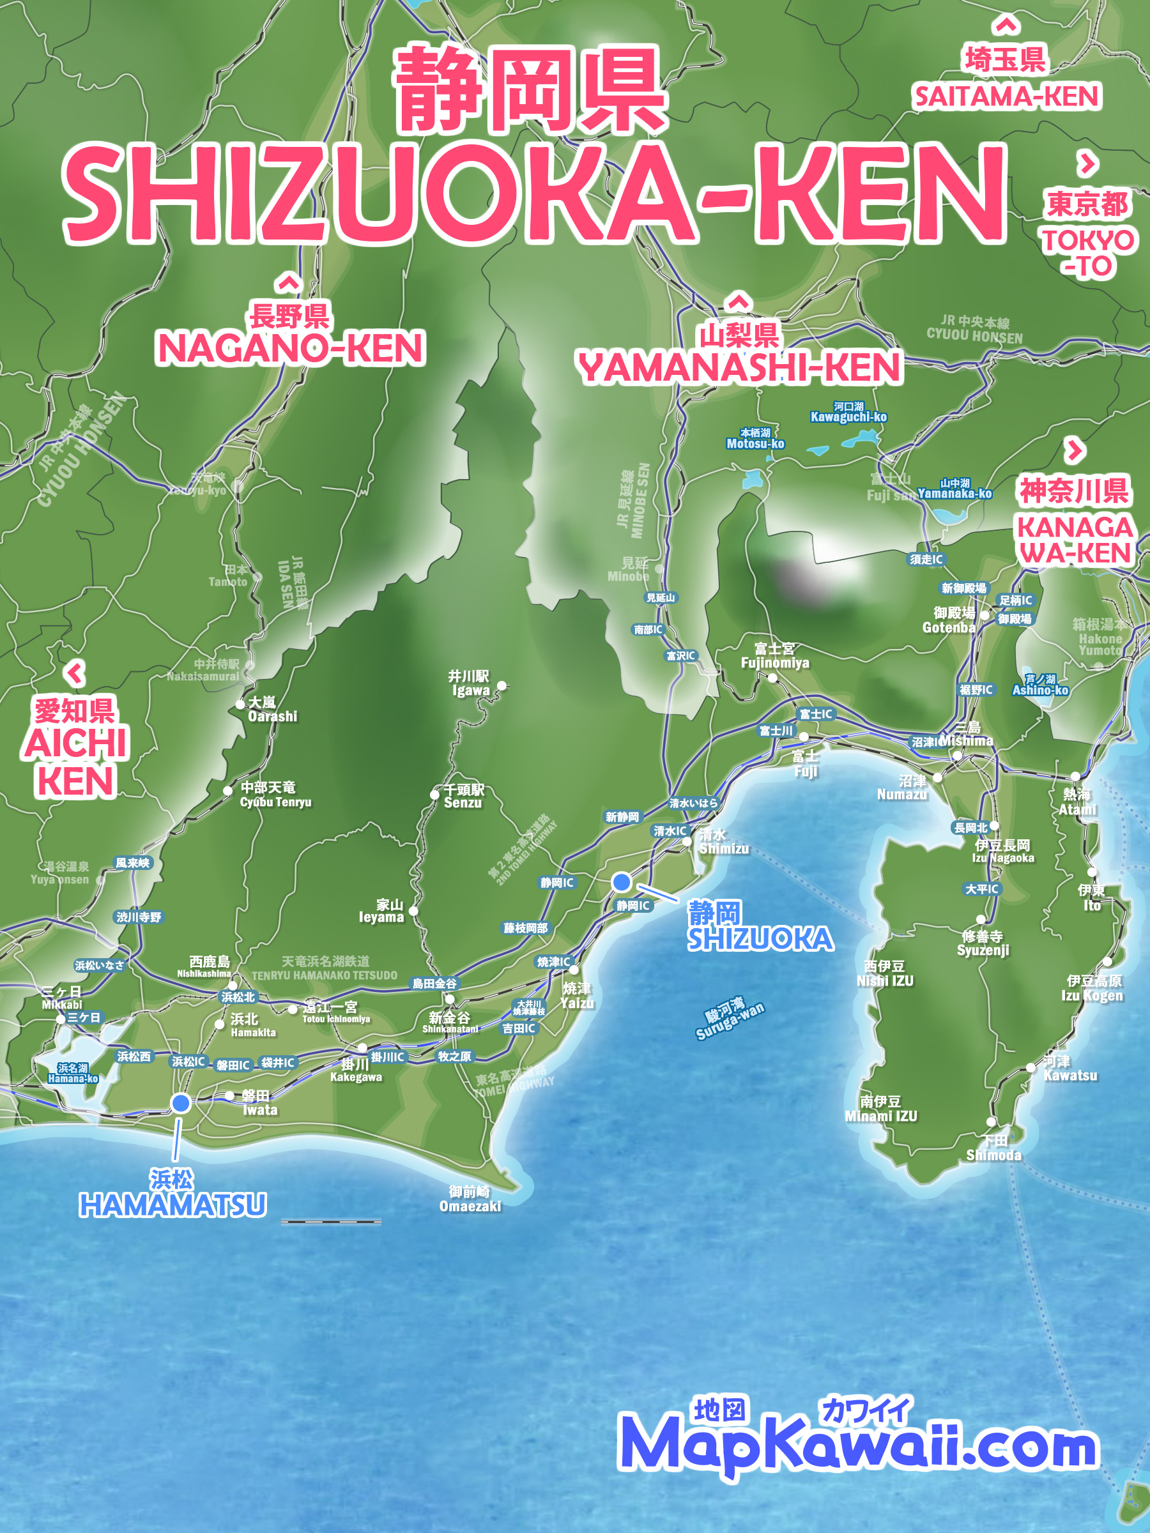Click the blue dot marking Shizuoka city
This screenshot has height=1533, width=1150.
(x=622, y=881)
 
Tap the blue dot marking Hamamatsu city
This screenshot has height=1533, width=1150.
(x=181, y=1102)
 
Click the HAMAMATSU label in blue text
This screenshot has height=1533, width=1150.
(x=172, y=1205)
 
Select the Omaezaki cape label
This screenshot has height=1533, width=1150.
(x=470, y=1199)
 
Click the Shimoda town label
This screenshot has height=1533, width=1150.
(x=993, y=1148)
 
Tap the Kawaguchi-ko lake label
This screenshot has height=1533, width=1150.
(x=848, y=413)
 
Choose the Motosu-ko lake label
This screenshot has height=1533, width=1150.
(x=755, y=439)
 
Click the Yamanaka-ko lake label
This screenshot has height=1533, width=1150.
(x=954, y=489)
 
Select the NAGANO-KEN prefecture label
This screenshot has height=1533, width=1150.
(x=291, y=348)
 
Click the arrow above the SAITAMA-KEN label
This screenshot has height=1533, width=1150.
(x=1006, y=26)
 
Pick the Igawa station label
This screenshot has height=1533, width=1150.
(x=470, y=683)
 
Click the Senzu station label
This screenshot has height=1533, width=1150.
(x=463, y=797)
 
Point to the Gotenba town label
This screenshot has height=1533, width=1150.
(x=949, y=620)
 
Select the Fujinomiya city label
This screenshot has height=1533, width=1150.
(x=774, y=655)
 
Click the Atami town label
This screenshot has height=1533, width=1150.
(x=1077, y=802)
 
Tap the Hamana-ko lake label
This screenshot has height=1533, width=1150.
(x=73, y=1074)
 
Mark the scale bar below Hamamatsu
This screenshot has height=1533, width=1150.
(x=331, y=1222)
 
